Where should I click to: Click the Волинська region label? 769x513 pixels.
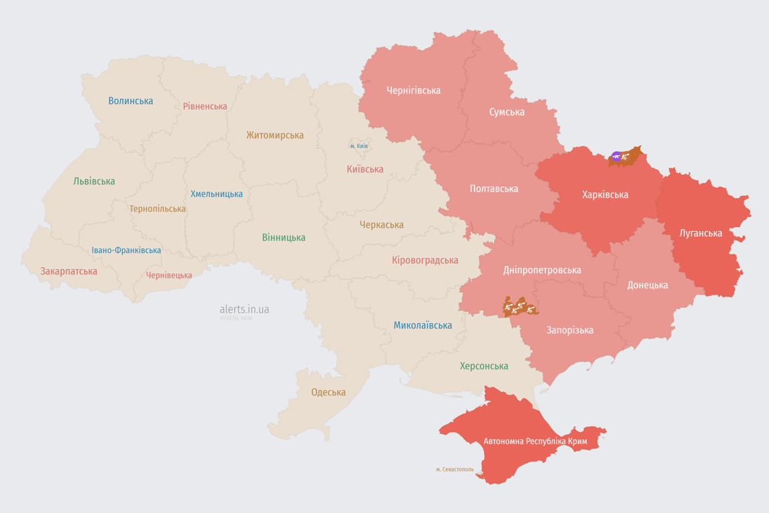click(131, 101)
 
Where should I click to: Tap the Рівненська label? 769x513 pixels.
click(205, 106)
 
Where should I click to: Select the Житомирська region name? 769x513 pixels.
click(275, 135)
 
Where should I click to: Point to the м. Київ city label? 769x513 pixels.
click(359, 146)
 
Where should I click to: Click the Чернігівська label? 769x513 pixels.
click(413, 90)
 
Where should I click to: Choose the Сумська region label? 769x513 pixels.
click(507, 112)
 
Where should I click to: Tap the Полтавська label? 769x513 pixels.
click(494, 188)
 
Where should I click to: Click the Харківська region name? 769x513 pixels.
click(605, 194)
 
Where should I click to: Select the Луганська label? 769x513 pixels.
click(701, 233)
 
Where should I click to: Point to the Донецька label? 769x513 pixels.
click(648, 285)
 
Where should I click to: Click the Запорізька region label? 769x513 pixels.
click(569, 330)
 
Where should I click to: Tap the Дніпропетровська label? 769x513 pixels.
click(542, 270)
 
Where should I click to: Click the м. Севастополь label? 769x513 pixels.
click(455, 469)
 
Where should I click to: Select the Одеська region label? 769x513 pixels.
click(328, 392)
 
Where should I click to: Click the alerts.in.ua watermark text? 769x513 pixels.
click(244, 309)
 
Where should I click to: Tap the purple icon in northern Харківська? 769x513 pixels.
click(616, 157)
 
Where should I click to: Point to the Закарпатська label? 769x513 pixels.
click(69, 271)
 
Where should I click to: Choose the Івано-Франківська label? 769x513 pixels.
click(126, 250)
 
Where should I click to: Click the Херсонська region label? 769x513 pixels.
click(484, 366)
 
